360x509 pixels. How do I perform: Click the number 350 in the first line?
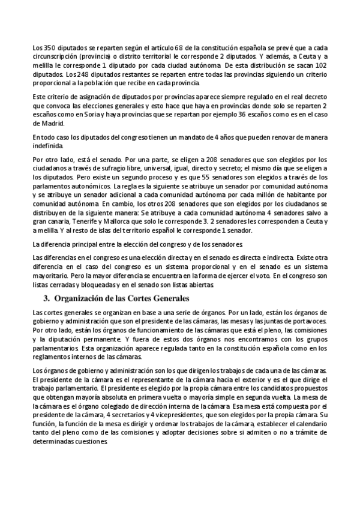pyautogui.click(x=47, y=47)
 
